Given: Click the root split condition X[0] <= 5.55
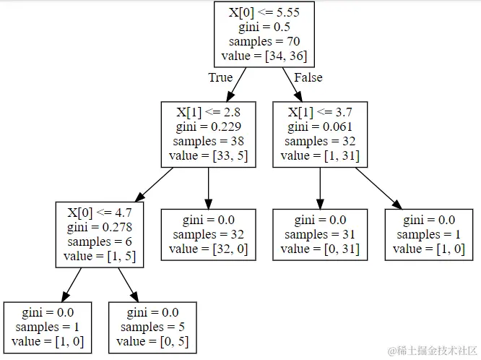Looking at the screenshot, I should pyautogui.click(x=264, y=12).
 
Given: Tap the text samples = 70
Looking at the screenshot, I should pyautogui.click(x=264, y=41).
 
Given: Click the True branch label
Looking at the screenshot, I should pyautogui.click(x=220, y=77).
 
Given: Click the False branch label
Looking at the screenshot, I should pyautogui.click(x=308, y=77).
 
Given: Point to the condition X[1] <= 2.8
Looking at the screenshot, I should pyautogui.click(x=208, y=112).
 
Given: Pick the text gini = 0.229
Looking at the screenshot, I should pyautogui.click(x=208, y=127).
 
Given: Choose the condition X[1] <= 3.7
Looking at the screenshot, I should pyautogui.click(x=320, y=112).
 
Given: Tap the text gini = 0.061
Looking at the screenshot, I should pyautogui.click(x=320, y=127).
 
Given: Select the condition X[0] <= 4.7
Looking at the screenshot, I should pyautogui.click(x=100, y=213).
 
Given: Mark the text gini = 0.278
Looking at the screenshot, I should pyautogui.click(x=100, y=227).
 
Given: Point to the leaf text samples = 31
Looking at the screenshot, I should pyautogui.click(x=320, y=234).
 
